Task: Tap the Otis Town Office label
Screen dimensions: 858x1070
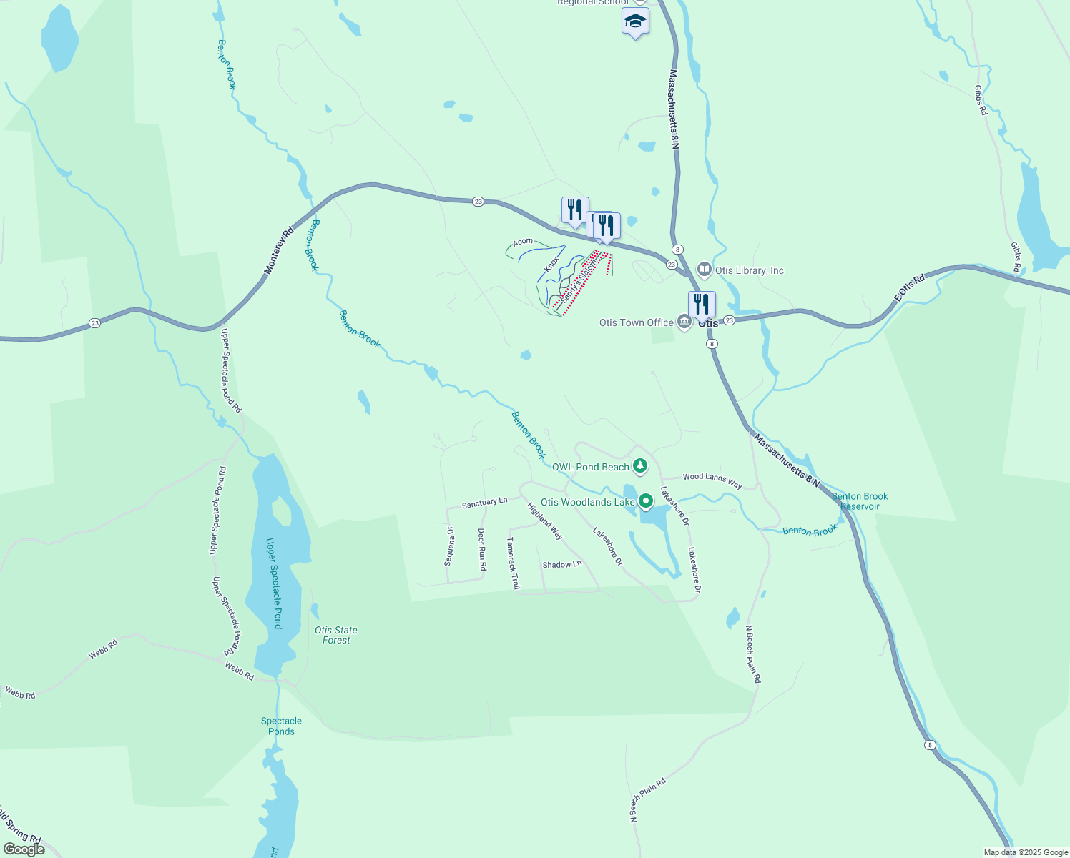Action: pyautogui.click(x=636, y=322)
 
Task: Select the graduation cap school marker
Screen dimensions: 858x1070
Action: pyautogui.click(x=635, y=21)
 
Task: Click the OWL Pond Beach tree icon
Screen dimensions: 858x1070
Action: pyautogui.click(x=640, y=467)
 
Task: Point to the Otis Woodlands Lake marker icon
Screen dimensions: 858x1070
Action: pyautogui.click(x=646, y=501)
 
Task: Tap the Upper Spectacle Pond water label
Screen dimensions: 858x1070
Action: pyautogui.click(x=273, y=583)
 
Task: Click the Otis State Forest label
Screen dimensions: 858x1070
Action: pyautogui.click(x=336, y=635)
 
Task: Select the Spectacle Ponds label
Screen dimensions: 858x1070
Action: pyautogui.click(x=281, y=726)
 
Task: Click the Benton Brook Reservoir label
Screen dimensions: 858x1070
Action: pyautogui.click(x=860, y=501)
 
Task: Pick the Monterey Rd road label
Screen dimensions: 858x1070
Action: pyautogui.click(x=279, y=251)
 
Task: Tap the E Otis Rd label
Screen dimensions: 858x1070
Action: pyautogui.click(x=909, y=286)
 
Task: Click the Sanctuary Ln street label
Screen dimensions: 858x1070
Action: pyautogui.click(x=484, y=503)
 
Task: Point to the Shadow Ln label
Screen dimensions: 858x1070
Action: pyautogui.click(x=562, y=565)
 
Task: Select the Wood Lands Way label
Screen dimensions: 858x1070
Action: pyautogui.click(x=712, y=480)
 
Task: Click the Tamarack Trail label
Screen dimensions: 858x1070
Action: pyautogui.click(x=513, y=563)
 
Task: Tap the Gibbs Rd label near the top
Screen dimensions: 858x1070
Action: pyautogui.click(x=980, y=101)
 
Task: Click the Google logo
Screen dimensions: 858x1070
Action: pyautogui.click(x=24, y=849)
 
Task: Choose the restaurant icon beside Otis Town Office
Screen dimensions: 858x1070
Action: pyautogui.click(x=702, y=304)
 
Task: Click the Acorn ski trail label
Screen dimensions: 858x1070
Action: pyautogui.click(x=523, y=242)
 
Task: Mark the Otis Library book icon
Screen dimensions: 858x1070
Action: pyautogui.click(x=705, y=270)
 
